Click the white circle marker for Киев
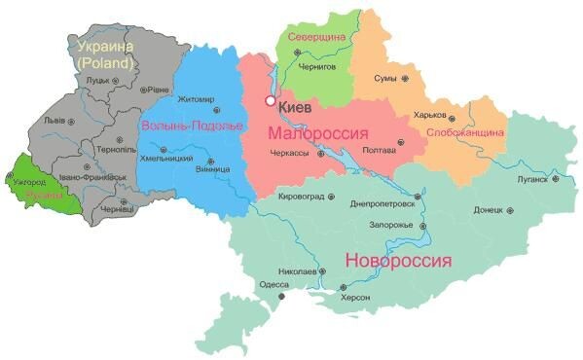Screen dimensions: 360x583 [x=270, y=101]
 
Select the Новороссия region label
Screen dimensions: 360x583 [x=399, y=261]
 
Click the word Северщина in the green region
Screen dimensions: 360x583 [x=317, y=36]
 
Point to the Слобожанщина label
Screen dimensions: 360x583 [x=464, y=131]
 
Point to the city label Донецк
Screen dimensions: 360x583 [x=488, y=209]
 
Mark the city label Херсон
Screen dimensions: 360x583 [x=355, y=300]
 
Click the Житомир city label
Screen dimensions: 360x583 [x=196, y=99]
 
